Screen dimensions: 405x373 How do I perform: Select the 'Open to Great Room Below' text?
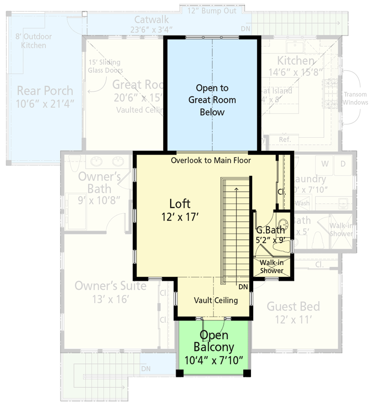212,100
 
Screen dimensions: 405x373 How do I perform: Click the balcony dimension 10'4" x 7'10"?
214,360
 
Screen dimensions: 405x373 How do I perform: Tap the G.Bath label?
270,230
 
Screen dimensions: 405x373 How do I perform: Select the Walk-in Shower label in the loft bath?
272,266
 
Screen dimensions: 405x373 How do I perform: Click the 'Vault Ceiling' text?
216,300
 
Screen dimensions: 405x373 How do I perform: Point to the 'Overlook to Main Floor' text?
211,160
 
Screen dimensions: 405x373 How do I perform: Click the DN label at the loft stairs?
243,287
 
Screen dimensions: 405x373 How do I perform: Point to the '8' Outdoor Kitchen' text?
34,41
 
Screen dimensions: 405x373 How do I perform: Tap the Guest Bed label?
293,307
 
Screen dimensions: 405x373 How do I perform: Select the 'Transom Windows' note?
355,99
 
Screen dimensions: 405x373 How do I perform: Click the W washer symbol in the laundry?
324,164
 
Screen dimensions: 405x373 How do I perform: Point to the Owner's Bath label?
99,182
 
